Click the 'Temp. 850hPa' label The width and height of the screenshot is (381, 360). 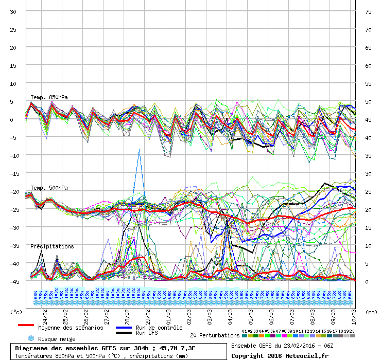point(49,97)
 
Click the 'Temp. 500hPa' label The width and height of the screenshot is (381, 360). point(49,188)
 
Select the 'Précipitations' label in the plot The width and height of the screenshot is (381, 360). point(51,246)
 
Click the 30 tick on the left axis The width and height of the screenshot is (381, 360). point(13,11)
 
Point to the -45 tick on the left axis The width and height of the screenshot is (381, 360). point(12,281)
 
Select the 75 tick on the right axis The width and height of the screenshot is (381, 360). point(368,11)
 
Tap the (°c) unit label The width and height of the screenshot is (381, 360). point(16,312)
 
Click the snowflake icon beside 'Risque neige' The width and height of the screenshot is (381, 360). point(31,338)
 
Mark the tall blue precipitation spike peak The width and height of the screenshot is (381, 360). point(138,150)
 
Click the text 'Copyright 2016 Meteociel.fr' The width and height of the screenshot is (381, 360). point(280,355)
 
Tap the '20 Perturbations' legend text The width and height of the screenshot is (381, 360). point(214,335)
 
